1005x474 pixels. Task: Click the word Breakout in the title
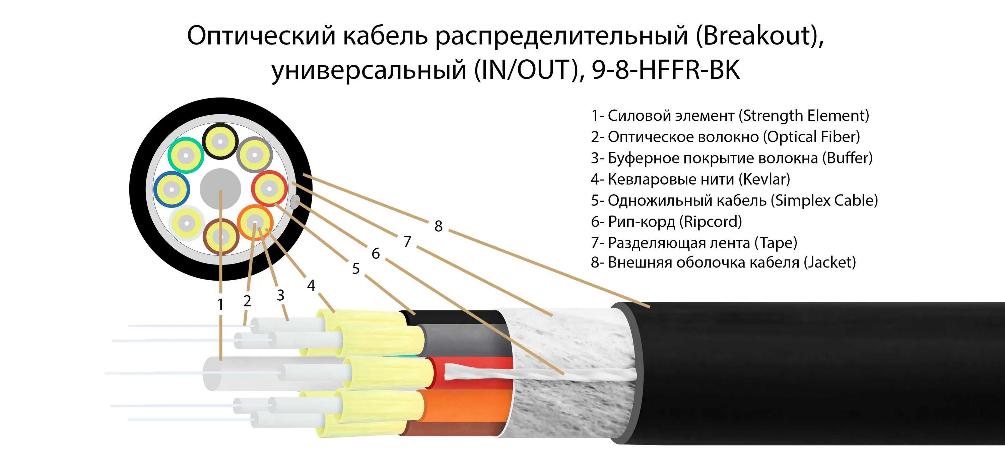[757, 36]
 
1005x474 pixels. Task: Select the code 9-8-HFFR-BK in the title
[666, 70]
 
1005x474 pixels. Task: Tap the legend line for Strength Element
[730, 116]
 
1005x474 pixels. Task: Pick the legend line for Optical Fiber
[725, 137]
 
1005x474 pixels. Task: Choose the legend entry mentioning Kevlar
[690, 179]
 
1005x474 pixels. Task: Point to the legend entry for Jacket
[723, 262]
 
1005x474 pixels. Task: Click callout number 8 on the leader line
[438, 226]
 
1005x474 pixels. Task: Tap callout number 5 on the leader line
[356, 269]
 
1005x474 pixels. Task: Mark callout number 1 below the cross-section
[220, 304]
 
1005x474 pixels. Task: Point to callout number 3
[280, 295]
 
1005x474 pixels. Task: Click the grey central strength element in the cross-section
[220, 189]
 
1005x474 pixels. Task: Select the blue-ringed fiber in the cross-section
[171, 189]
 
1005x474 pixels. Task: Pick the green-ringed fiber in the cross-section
[186, 156]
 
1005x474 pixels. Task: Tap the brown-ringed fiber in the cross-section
[221, 237]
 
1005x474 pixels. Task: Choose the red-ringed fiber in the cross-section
[269, 189]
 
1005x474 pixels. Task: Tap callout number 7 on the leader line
[407, 242]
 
